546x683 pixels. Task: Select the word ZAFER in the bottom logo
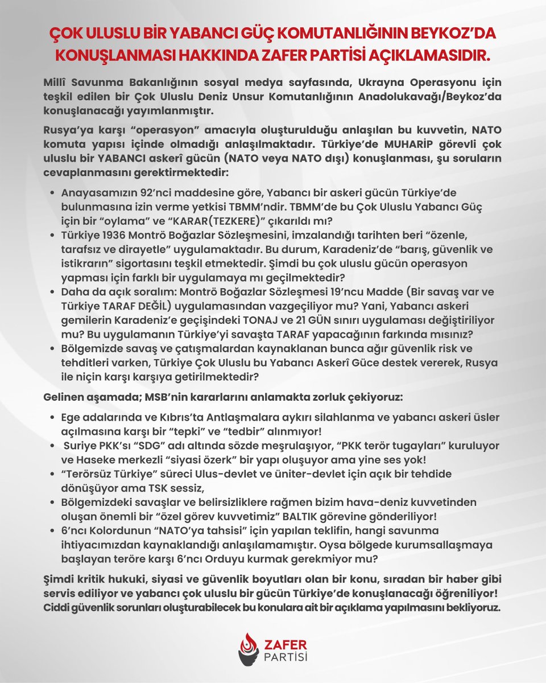[x=286, y=644]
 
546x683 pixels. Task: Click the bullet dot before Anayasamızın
[x=53, y=193]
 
